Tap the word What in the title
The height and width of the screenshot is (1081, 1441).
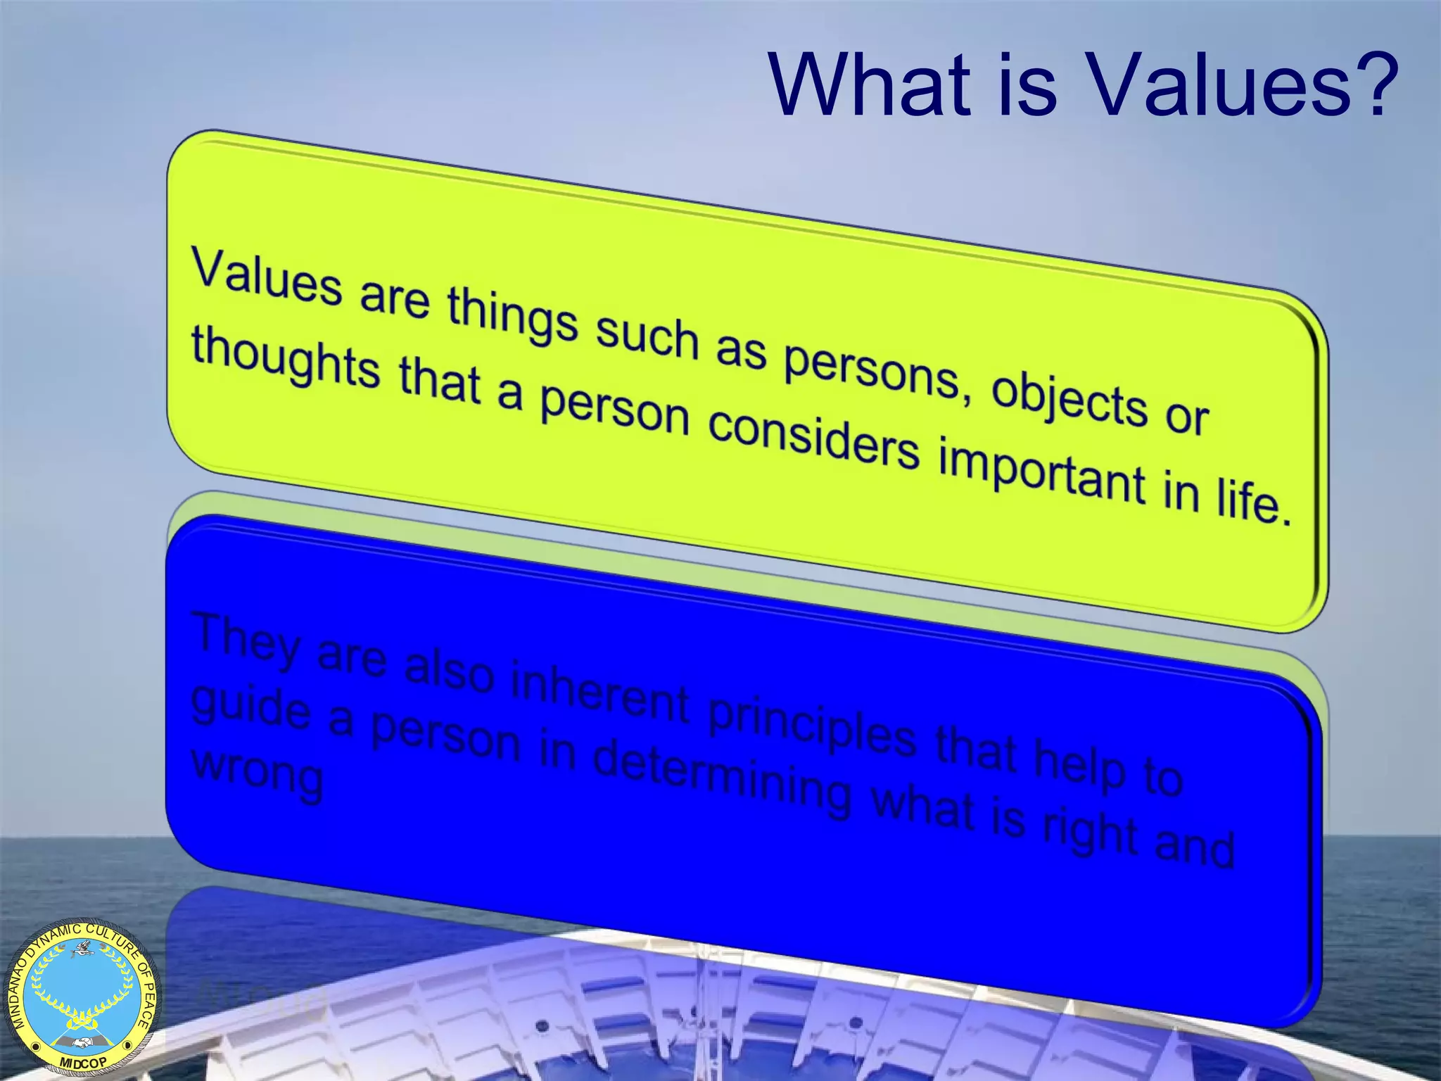pyautogui.click(x=868, y=86)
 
